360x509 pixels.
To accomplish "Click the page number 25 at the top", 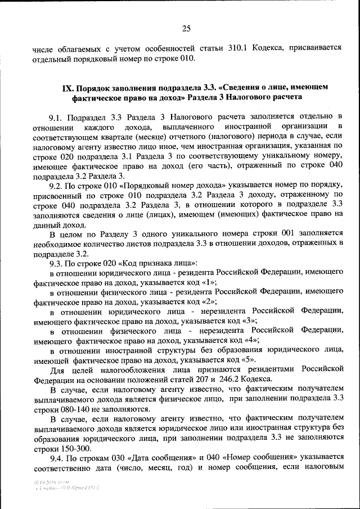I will (x=186, y=29).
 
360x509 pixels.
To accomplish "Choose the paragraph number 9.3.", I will (x=56, y=263).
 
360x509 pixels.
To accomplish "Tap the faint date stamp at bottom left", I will (x=51, y=482).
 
